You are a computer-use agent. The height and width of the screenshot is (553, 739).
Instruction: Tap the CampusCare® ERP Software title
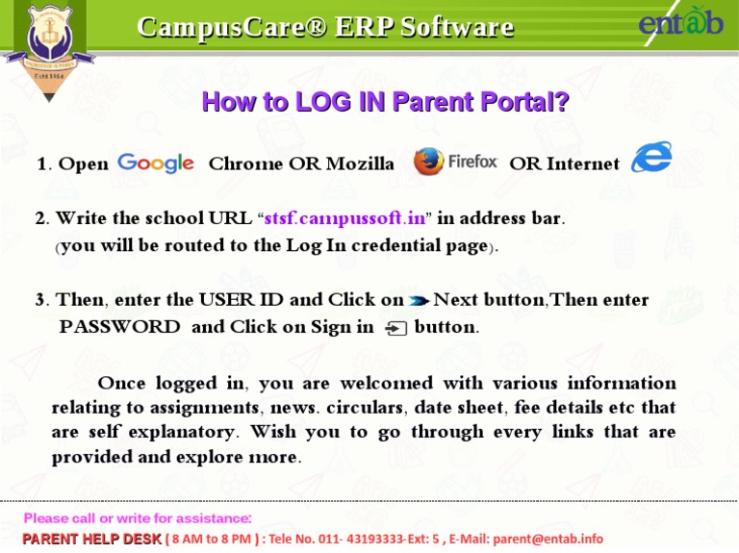[x=325, y=26]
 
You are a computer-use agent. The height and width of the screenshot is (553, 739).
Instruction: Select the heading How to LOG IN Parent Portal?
[x=385, y=102]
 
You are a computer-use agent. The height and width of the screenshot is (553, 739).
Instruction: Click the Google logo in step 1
[x=155, y=163]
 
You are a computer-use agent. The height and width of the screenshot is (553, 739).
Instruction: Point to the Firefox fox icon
[x=428, y=163]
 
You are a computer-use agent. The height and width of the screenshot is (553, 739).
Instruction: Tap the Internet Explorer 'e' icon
[x=651, y=159]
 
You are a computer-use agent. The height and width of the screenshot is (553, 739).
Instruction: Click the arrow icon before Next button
[x=419, y=301]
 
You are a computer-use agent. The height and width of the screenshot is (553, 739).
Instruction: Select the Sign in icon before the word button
[x=395, y=329]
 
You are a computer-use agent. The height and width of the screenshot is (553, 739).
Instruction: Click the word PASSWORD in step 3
[x=119, y=327]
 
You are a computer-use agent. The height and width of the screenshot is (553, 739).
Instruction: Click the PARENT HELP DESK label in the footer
[x=91, y=540]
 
